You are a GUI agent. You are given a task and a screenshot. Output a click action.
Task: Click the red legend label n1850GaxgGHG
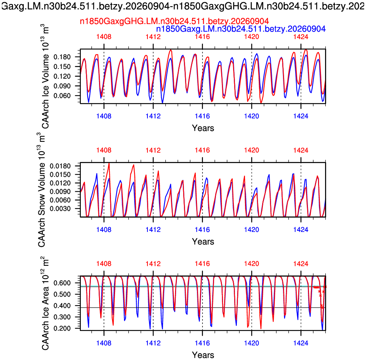pyautogui.click(x=174, y=21)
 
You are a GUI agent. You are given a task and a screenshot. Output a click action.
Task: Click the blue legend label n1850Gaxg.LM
pyautogui.click(x=241, y=29)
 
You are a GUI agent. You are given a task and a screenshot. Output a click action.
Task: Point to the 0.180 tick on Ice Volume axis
pyautogui.click(x=62, y=57)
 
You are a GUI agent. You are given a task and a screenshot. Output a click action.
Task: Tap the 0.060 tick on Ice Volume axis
pyautogui.click(x=62, y=96)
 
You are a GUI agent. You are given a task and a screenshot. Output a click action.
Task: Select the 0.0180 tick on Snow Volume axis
pyautogui.click(x=60, y=166)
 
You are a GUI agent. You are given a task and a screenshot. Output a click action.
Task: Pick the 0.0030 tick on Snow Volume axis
pyautogui.click(x=60, y=209)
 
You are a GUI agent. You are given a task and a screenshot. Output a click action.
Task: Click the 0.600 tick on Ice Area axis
pyautogui.click(x=62, y=283)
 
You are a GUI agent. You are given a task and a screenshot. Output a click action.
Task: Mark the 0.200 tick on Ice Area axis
pyautogui.click(x=62, y=328)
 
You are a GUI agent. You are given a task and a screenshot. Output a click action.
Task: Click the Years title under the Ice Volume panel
pyautogui.click(x=203, y=128)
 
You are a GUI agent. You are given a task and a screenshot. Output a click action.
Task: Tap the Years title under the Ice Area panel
pyautogui.click(x=203, y=355)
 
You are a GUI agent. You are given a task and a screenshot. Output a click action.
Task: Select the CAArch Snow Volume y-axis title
pyautogui.click(x=42, y=189)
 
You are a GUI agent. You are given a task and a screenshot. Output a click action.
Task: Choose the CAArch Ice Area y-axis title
pyautogui.click(x=45, y=303)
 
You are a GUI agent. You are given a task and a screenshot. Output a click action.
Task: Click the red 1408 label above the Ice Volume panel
pyautogui.click(x=104, y=36)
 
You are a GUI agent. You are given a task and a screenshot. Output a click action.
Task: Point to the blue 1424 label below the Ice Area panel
pyautogui.click(x=301, y=343)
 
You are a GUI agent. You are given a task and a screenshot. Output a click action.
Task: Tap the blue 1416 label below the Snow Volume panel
pyautogui.click(x=203, y=229)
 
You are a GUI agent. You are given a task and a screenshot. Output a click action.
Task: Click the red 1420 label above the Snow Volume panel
pyautogui.click(x=252, y=150)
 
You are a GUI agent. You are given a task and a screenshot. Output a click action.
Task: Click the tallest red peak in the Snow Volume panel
pyautogui.click(x=109, y=163)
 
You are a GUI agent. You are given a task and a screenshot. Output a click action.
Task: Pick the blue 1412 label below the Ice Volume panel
pyautogui.click(x=153, y=116)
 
